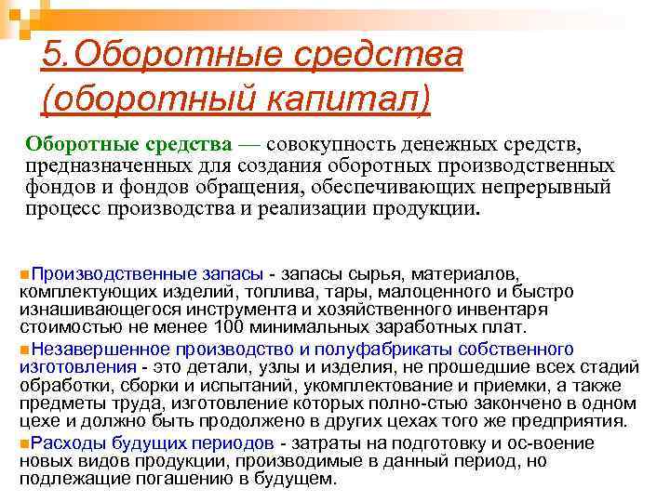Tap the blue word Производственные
tap(101, 275)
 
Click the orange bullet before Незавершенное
tap(23, 350)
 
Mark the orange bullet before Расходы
tap(23, 443)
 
